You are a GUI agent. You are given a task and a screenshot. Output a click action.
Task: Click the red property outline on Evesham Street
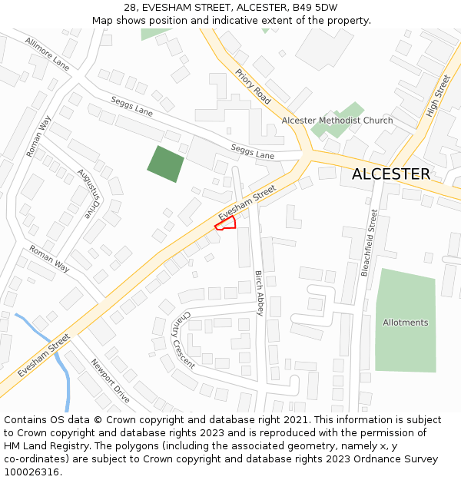pyautogui.click(x=225, y=223)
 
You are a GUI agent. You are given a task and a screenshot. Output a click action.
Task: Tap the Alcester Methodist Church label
pyautogui.click(x=337, y=121)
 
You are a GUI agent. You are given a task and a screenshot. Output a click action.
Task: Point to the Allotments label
pyautogui.click(x=406, y=323)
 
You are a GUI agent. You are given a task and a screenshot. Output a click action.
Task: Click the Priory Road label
pyautogui.click(x=253, y=87)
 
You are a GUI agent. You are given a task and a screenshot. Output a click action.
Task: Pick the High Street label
pyautogui.click(x=438, y=96)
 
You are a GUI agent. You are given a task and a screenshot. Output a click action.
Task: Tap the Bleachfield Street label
pyautogui.click(x=370, y=243)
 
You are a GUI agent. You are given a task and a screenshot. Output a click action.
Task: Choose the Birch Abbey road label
pyautogui.click(x=260, y=293)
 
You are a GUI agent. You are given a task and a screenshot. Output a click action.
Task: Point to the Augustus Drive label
pyautogui.click(x=89, y=193)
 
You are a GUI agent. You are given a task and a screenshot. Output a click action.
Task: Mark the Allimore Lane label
pyautogui.click(x=47, y=54)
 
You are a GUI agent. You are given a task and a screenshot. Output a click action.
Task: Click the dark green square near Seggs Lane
pyautogui.click(x=165, y=164)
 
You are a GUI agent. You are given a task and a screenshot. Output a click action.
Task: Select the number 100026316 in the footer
pyautogui.click(x=32, y=472)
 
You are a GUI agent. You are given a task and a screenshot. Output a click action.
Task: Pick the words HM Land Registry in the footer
pyautogui.click(x=42, y=445)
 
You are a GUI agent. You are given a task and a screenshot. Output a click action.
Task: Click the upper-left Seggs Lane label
pyautogui.click(x=132, y=105)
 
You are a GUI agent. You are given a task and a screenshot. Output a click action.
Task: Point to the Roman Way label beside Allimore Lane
pyautogui.click(x=38, y=137)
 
